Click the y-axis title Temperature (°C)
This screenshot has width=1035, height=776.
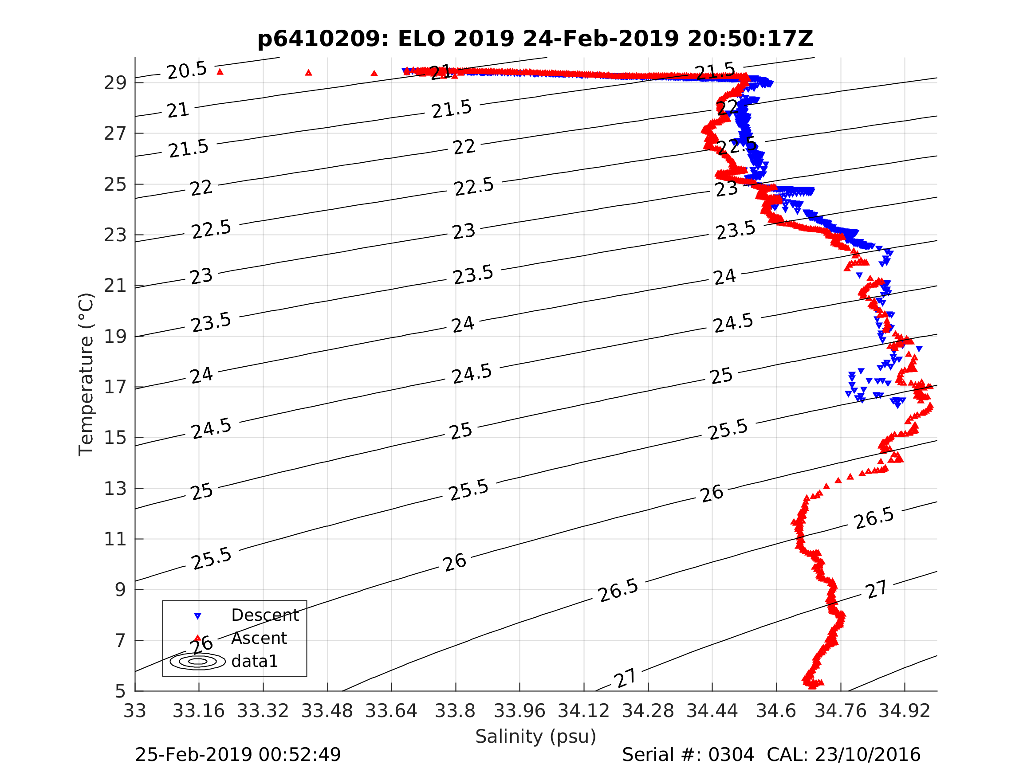[86, 374]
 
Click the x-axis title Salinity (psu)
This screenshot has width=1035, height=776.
[536, 736]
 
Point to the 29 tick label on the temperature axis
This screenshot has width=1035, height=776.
[115, 83]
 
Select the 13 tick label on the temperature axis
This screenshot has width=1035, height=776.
[115, 489]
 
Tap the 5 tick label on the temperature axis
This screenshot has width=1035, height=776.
[120, 691]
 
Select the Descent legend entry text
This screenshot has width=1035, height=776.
[265, 615]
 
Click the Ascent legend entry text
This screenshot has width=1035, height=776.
[259, 639]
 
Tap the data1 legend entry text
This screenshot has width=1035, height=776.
[255, 662]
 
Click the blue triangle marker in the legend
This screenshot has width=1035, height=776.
[198, 616]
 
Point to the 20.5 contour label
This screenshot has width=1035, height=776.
[187, 71]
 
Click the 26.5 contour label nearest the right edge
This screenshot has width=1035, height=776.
[874, 519]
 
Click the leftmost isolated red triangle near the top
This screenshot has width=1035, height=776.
[220, 71]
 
